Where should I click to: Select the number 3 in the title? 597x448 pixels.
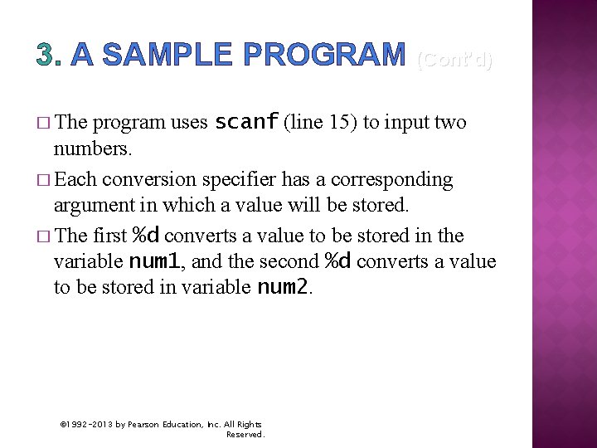tap(45, 55)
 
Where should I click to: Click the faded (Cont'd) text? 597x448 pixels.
tap(454, 59)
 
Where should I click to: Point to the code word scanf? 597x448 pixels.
tap(246, 123)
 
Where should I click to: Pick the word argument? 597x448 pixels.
tap(90, 206)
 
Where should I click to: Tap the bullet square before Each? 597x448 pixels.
tap(43, 180)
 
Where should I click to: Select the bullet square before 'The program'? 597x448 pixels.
tap(43, 124)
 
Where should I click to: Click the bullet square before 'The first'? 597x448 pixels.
tap(43, 236)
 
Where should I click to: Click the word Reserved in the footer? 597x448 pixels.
tap(245, 434)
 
